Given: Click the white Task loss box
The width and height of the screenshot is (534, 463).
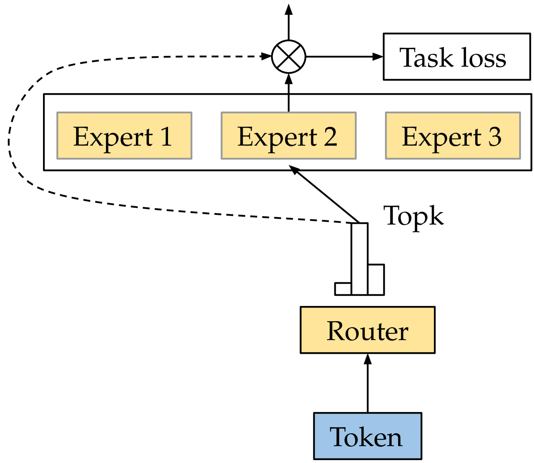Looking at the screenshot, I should tap(456, 57).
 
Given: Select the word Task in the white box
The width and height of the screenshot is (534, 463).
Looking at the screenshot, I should tap(426, 57).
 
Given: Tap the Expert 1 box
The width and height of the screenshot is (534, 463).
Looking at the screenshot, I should tap(124, 136).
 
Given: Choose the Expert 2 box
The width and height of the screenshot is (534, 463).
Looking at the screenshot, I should tap(288, 136).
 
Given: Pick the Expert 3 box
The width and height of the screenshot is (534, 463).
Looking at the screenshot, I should tap(453, 136).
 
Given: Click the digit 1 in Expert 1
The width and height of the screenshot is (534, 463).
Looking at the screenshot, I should tap(166, 137).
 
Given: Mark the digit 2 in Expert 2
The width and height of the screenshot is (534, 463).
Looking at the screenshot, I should tap(330, 137).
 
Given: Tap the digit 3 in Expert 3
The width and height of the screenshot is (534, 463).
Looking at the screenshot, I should tap(495, 137).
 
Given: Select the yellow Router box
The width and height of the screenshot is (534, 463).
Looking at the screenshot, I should tap(367, 330).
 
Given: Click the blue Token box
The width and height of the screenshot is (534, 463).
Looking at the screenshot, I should tap(367, 436).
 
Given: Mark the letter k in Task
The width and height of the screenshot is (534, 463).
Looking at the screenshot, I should tap(445, 57).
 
